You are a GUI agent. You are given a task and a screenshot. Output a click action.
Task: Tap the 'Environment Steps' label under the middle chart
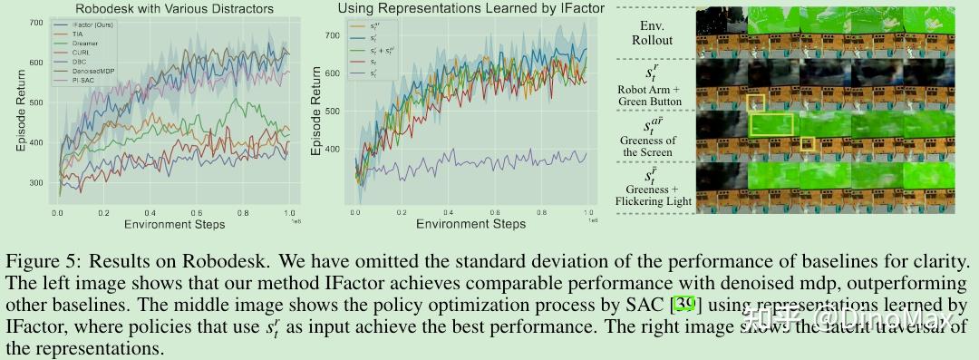463,223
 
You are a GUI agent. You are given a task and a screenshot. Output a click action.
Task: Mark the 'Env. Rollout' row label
652,34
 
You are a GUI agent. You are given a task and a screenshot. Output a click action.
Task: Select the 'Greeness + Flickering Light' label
653,194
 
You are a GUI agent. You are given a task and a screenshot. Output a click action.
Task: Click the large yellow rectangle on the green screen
771,124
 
